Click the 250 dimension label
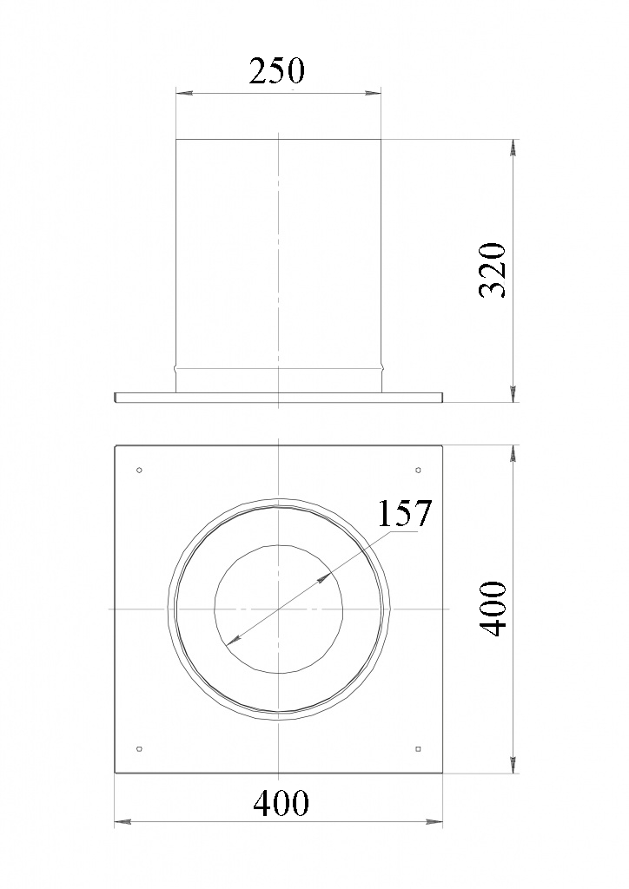coord(277,71)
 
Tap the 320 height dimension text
coord(493,271)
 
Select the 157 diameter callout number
coord(405,512)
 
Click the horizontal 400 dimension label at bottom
coord(281,803)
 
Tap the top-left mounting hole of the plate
coord(140,470)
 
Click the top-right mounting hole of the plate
coord(418,470)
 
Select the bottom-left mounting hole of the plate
coord(140,749)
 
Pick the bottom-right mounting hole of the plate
coord(418,749)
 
